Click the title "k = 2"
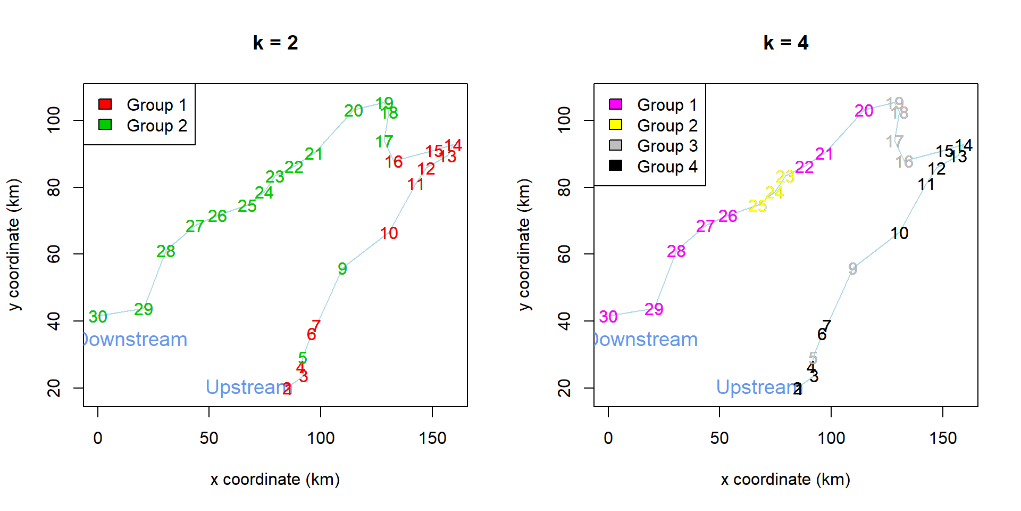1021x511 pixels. click(275, 43)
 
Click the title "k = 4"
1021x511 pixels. click(785, 43)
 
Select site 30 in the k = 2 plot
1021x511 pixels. click(98, 317)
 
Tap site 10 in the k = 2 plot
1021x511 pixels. click(389, 233)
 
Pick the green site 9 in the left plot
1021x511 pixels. click(342, 269)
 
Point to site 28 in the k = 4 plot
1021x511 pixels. click(676, 251)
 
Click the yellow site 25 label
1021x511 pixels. click(757, 206)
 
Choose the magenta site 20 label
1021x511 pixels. click(864, 111)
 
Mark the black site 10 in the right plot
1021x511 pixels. click(899, 233)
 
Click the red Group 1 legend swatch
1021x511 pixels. click(105, 104)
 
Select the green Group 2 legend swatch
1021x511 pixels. click(105, 125)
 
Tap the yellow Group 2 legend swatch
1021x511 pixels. click(615, 125)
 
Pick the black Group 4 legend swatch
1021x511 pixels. click(615, 166)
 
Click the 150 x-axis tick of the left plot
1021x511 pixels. click(432, 438)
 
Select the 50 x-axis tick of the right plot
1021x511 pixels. click(719, 438)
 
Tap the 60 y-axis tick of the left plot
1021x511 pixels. click(54, 254)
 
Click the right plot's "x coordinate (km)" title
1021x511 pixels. click(785, 480)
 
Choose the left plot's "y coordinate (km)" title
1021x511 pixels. click(14, 244)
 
